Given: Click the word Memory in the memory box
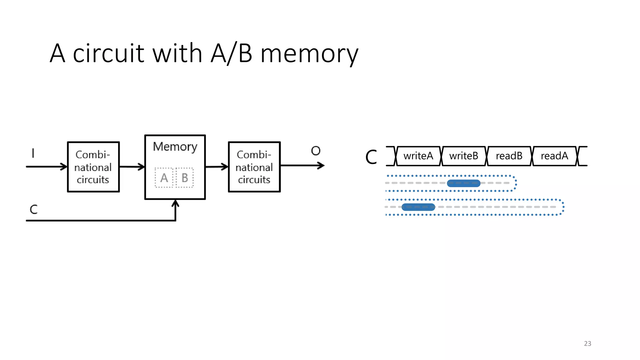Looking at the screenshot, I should tap(175, 147).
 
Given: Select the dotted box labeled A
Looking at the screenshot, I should tap(164, 178).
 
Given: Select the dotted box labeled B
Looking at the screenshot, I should tap(185, 178).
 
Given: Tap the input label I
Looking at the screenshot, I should tap(33, 153).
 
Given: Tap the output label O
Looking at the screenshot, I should tap(316, 151).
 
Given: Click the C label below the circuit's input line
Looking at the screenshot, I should tap(34, 209).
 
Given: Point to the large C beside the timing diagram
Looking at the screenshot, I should tap(371, 157).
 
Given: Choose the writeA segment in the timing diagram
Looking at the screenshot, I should tap(418, 156).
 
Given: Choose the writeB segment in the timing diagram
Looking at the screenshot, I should tap(464, 156).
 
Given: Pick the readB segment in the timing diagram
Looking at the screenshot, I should tap(509, 156).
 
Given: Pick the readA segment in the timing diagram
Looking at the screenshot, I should tap(554, 156).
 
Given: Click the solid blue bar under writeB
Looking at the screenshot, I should tap(463, 183).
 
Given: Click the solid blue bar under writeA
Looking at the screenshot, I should tap(418, 207).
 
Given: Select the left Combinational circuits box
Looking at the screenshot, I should tap(93, 167).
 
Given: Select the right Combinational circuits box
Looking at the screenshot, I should tap(254, 167).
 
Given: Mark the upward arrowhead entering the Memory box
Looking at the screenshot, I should tap(175, 203).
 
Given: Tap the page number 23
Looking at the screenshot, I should tap(587, 343).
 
